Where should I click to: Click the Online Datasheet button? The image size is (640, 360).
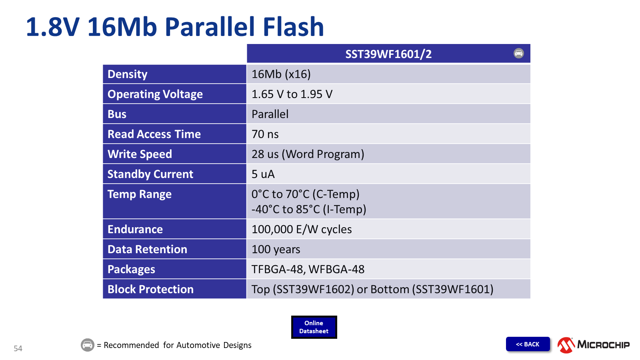pos(314,327)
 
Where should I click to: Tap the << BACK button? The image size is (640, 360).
pos(528,344)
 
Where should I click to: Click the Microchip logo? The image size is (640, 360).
pos(593,345)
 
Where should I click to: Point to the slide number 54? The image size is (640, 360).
pos(18,348)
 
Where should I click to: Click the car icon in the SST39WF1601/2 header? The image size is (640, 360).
pos(518,53)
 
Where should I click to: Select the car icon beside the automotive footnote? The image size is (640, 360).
pos(88,345)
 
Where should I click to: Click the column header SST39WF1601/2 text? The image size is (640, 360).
pos(388,54)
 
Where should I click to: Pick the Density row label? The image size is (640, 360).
pos(128,74)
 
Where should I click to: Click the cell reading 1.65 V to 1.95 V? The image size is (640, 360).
pos(292,94)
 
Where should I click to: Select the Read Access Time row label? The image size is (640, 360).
pos(154,134)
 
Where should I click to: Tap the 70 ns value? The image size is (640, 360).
pos(265,134)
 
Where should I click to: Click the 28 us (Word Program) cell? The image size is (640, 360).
pos(308,154)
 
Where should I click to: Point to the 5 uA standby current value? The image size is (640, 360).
pos(263,174)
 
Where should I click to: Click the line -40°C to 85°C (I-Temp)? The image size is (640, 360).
pos(308,209)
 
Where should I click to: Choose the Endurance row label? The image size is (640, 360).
pos(135,229)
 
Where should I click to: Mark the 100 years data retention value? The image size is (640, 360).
pos(276,249)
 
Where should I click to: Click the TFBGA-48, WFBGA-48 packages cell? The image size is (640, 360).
pos(308,269)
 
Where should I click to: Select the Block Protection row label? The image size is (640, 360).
pos(150,289)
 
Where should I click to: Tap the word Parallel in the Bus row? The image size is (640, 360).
pos(270,114)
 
